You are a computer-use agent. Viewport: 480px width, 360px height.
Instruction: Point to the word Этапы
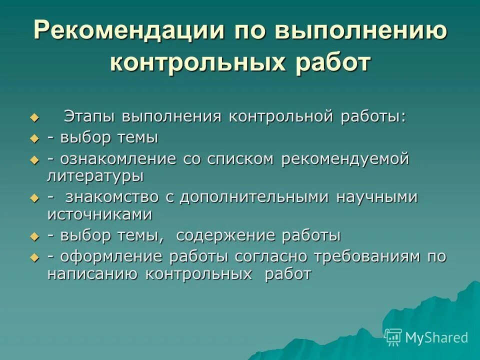[x=89, y=116]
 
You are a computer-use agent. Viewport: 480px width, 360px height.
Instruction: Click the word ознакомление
[x=118, y=159]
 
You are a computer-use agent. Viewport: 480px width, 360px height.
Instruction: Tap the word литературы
[x=95, y=176]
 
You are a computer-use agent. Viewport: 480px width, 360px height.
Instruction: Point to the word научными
[x=376, y=197]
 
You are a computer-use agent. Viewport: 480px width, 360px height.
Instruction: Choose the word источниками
[x=99, y=214]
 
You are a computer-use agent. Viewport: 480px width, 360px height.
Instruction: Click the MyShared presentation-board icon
[x=393, y=337]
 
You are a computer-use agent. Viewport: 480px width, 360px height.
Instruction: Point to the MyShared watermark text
[x=437, y=337]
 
